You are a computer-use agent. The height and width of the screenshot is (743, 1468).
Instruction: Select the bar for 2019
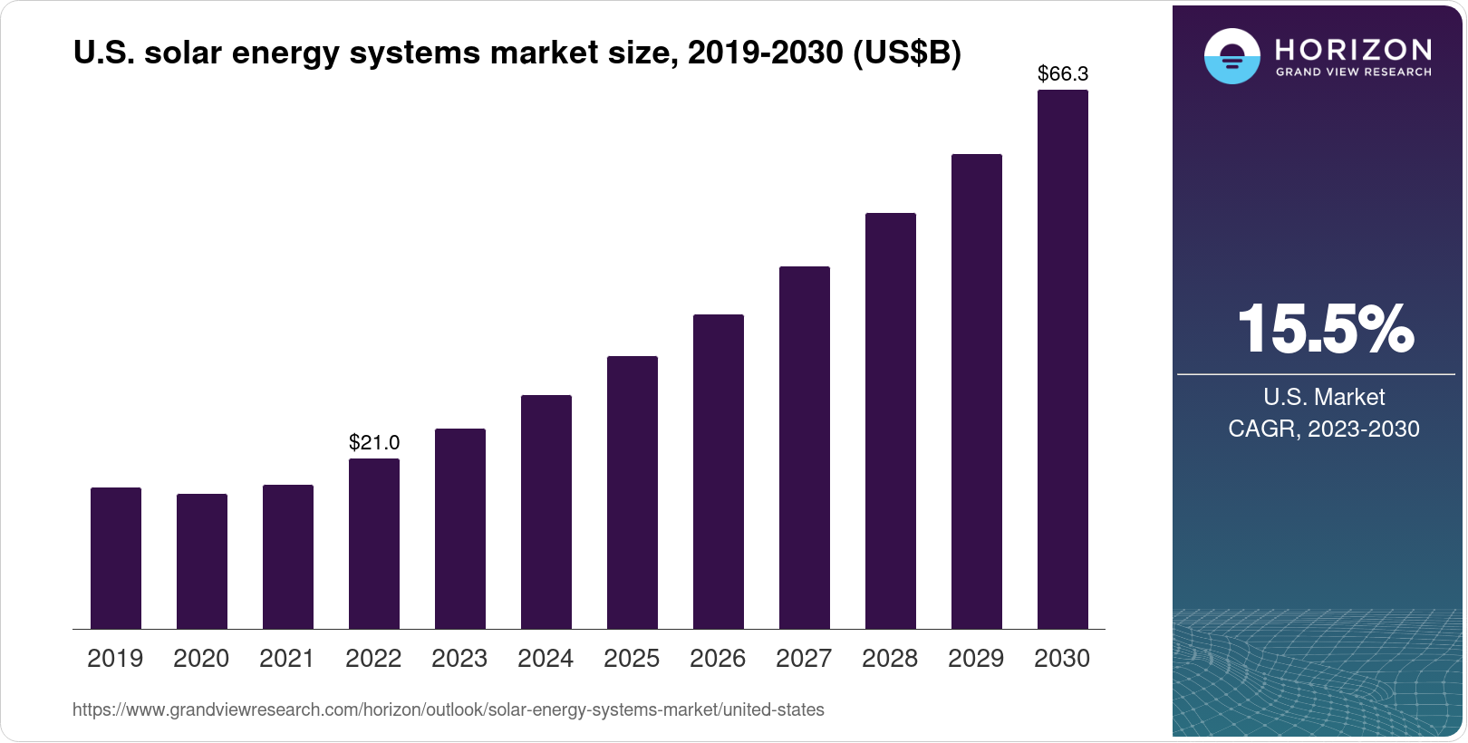tap(116, 558)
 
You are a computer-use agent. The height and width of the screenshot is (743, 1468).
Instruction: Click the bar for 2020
tap(202, 562)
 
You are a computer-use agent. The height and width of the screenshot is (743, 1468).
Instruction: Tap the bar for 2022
tap(374, 544)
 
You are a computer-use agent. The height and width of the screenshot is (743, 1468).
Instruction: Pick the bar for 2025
tap(633, 493)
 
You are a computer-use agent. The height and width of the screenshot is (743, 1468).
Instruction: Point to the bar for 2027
tap(805, 448)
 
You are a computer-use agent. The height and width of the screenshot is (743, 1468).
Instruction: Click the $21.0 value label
tap(374, 442)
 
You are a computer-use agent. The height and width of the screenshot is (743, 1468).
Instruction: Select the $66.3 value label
tap(1063, 73)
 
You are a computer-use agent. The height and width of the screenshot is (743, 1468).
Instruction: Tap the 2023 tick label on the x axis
tap(459, 659)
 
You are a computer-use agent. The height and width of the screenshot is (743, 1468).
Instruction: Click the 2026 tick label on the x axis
tap(718, 659)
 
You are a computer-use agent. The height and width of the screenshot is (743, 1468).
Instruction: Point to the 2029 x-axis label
tap(976, 659)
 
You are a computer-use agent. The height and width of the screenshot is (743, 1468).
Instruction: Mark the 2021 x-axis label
tap(287, 659)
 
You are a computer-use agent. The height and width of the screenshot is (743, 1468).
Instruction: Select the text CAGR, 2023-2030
tap(1324, 429)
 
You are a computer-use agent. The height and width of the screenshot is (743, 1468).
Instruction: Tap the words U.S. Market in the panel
tap(1324, 397)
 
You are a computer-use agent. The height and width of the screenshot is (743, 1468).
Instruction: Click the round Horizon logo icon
tap(1231, 56)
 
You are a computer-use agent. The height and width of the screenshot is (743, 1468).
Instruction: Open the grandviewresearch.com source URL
tap(449, 710)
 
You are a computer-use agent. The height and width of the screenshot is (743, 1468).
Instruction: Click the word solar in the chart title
tap(183, 53)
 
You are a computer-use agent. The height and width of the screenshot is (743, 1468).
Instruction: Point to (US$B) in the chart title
tap(907, 53)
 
